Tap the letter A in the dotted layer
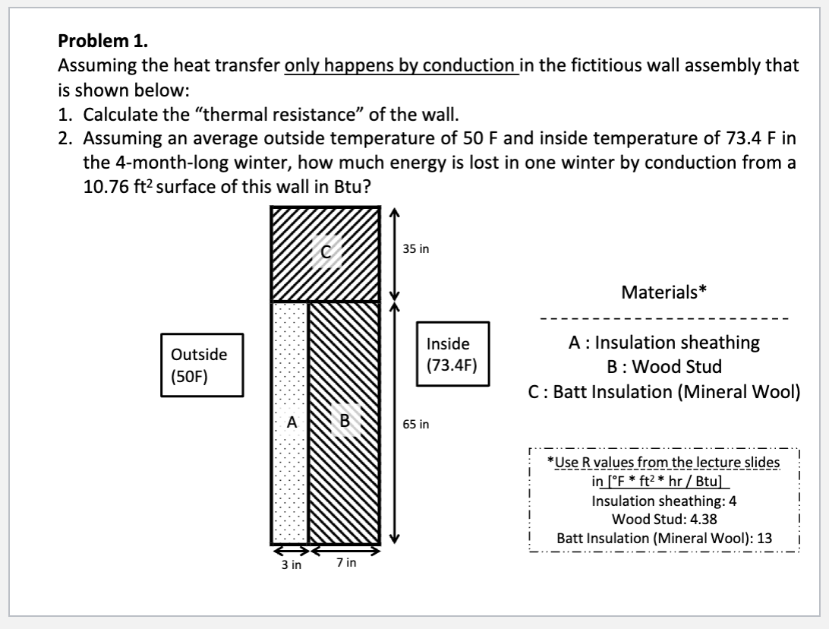[x=290, y=420]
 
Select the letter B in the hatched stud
[x=345, y=419]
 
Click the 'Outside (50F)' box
[x=198, y=365]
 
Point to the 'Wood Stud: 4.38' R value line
[x=664, y=519]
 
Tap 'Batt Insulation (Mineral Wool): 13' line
[x=664, y=537]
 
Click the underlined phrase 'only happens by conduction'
[x=401, y=66]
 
